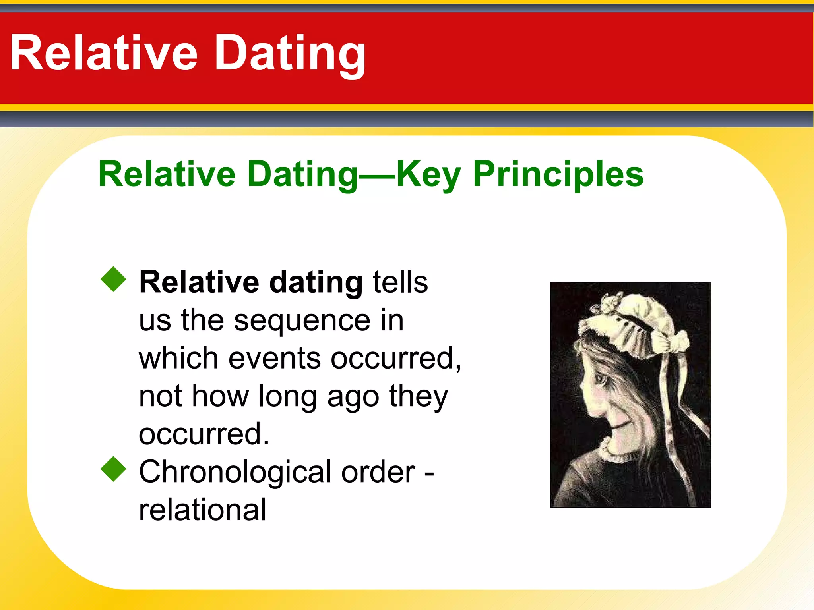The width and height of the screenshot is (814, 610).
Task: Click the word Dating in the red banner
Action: coord(290,54)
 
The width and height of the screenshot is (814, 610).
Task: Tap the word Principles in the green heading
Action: coord(558,174)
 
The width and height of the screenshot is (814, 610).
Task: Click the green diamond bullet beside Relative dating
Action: coord(113,279)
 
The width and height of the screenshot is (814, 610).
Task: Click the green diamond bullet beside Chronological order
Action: coord(113,469)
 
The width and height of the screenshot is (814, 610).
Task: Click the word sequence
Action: coord(302,321)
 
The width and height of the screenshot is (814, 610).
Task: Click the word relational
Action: coord(202,510)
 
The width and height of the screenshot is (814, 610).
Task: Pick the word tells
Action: coord(400,282)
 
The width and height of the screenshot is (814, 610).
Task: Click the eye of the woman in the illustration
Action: coord(601,379)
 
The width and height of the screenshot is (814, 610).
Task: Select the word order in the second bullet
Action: coord(378,472)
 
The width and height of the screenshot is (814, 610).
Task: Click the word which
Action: coord(178,358)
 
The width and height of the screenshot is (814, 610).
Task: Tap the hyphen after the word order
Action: coord(429,473)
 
